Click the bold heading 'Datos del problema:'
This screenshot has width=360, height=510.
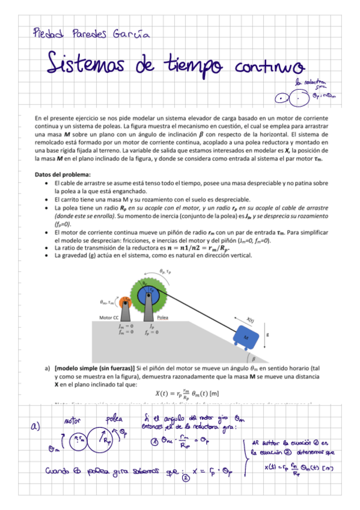point(63,174)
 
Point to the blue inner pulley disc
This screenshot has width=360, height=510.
point(149,295)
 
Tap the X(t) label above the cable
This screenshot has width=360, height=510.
point(253,319)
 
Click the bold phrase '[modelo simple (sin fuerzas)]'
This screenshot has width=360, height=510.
point(95,367)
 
